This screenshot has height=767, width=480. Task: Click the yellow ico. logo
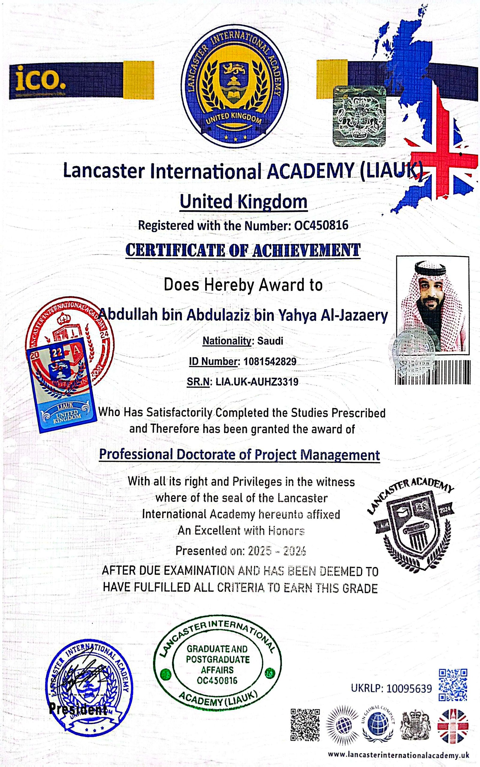point(40,78)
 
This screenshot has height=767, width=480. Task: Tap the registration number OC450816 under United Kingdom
point(321,225)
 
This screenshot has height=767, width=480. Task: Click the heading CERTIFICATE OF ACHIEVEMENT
point(243,250)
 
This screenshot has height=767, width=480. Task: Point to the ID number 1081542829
point(269,361)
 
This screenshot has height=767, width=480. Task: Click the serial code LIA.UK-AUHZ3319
point(257,382)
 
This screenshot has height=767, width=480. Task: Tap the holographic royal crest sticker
point(359,116)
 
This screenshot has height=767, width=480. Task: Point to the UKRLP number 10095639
point(409,688)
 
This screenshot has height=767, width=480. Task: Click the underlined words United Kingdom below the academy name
point(243,202)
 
